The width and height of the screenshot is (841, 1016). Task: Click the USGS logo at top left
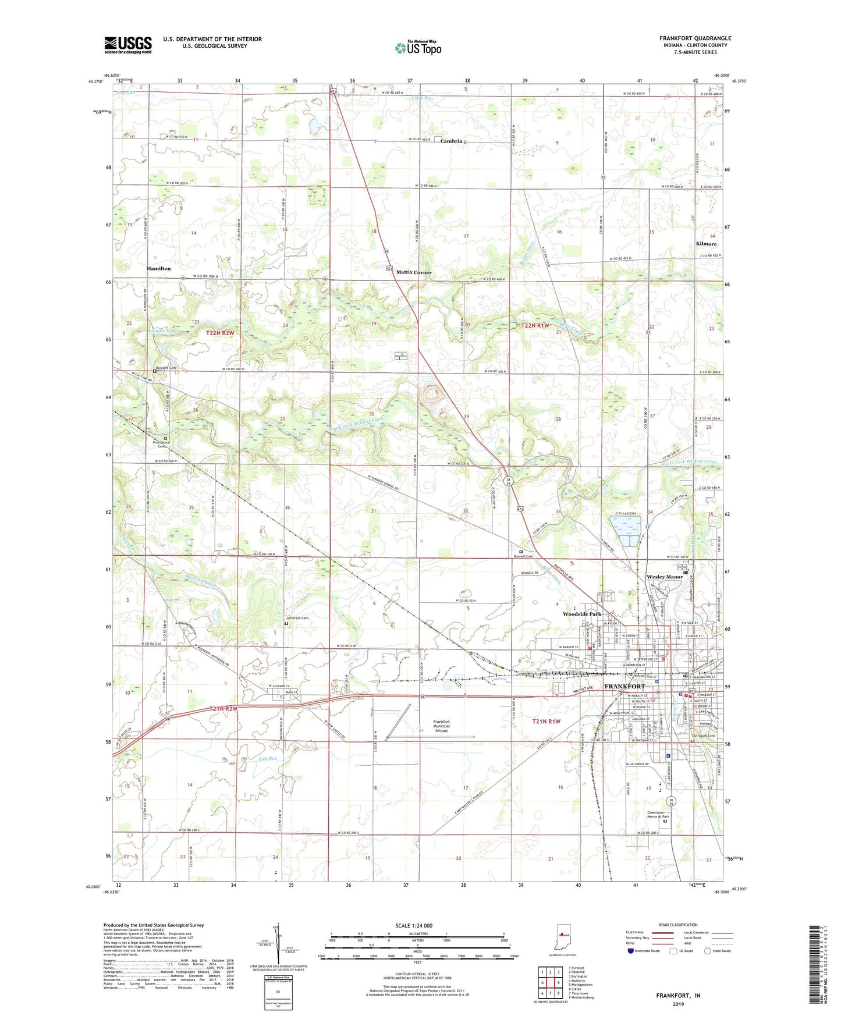point(128,44)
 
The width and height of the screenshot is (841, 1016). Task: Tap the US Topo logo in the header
point(418,48)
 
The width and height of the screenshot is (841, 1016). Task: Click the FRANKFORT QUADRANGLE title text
point(695,38)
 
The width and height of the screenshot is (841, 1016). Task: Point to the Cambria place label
point(451,141)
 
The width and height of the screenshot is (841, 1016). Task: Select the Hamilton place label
point(159,269)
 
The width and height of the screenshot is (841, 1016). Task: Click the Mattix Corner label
point(414,272)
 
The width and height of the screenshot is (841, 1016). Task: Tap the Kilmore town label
point(706,244)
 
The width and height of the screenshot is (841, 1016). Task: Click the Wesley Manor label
point(665,577)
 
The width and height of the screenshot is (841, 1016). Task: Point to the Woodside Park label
point(581,614)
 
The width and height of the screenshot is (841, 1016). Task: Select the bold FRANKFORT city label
point(624,687)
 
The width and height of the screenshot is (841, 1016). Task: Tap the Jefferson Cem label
point(297,618)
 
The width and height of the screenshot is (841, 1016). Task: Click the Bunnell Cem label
point(523,556)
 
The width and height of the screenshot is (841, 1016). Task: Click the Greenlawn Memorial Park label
point(658,815)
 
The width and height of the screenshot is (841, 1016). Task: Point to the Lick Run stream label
point(267,759)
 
